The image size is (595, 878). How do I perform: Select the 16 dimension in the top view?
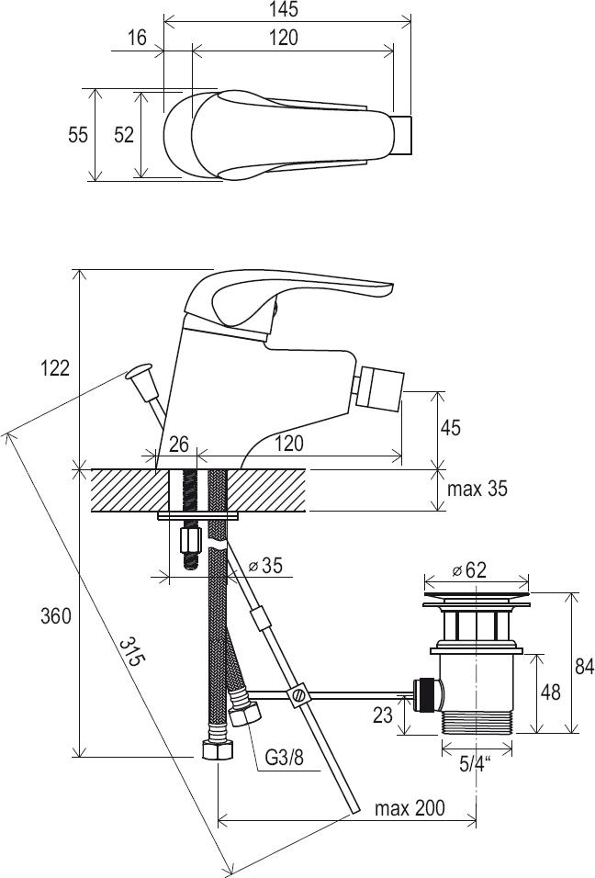[137, 38]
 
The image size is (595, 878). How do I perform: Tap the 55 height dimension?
[78, 135]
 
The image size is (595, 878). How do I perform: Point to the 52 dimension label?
[124, 135]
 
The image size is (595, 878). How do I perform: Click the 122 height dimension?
[55, 368]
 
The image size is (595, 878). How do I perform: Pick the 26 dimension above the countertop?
[178, 445]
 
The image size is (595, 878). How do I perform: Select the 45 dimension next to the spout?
[451, 428]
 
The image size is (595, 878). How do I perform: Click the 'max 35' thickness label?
[477, 489]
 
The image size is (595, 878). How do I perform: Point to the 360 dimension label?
[55, 617]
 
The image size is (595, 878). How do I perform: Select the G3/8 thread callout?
[283, 758]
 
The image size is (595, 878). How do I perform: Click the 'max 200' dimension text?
[410, 808]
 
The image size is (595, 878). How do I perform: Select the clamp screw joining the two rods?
[297, 695]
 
